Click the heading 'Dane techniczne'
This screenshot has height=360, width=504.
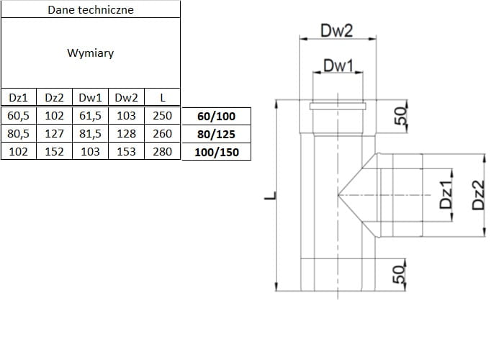(x=90, y=10)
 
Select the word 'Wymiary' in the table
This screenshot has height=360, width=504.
(x=90, y=53)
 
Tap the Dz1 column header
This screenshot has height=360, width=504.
(x=18, y=97)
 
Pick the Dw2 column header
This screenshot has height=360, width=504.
(x=126, y=97)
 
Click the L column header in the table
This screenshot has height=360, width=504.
(x=162, y=97)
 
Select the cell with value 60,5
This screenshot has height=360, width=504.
(x=18, y=115)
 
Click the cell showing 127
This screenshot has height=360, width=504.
(x=54, y=133)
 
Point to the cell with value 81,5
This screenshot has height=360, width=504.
(x=90, y=133)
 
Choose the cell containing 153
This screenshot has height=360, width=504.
(x=126, y=151)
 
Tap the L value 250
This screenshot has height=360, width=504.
(x=162, y=115)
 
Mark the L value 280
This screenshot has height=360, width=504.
(x=162, y=151)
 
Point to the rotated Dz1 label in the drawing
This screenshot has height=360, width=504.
(x=446, y=195)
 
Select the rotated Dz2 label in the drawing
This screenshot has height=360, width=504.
(x=478, y=195)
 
